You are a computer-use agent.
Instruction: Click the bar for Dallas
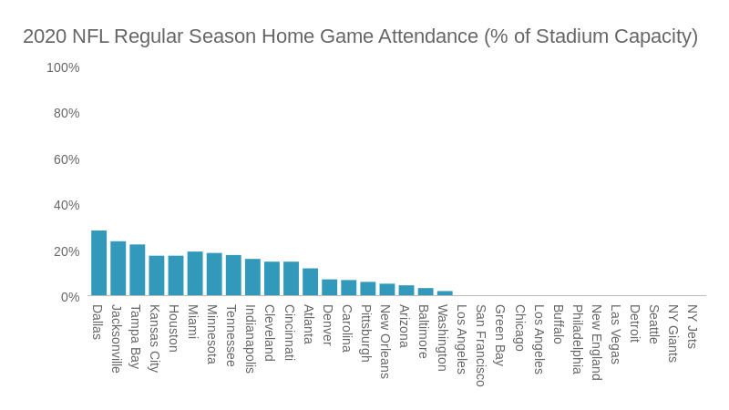pyautogui.click(x=98, y=263)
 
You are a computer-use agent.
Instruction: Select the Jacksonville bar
pyautogui.click(x=118, y=269)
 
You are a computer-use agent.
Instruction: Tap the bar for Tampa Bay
pyautogui.click(x=137, y=271)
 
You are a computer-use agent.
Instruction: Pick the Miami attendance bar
pyautogui.click(x=194, y=274)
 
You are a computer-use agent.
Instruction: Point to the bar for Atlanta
pyautogui.click(x=310, y=282)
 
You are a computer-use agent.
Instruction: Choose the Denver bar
pyautogui.click(x=329, y=288)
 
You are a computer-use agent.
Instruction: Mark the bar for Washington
pyautogui.click(x=445, y=293)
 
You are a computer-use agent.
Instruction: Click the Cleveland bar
pyautogui.click(x=272, y=279)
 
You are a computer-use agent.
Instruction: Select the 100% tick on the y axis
pyautogui.click(x=63, y=67)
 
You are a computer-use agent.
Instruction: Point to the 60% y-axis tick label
pyautogui.click(x=67, y=159)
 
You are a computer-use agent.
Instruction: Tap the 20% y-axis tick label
pyautogui.click(x=67, y=251)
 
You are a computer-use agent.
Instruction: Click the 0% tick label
pyautogui.click(x=70, y=297)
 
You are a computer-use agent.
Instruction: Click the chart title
pyautogui.click(x=360, y=36)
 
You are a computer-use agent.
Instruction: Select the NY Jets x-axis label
pyautogui.click(x=692, y=326)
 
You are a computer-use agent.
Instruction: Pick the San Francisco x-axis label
pyautogui.click(x=480, y=345)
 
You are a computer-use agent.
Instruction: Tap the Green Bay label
pyautogui.click(x=499, y=335)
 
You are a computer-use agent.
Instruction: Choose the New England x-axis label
pyautogui.click(x=596, y=343)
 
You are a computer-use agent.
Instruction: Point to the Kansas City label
pyautogui.click(x=155, y=338)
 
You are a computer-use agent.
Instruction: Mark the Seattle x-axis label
pyautogui.click(x=653, y=324)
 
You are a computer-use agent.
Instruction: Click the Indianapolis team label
pyautogui.click(x=251, y=339)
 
